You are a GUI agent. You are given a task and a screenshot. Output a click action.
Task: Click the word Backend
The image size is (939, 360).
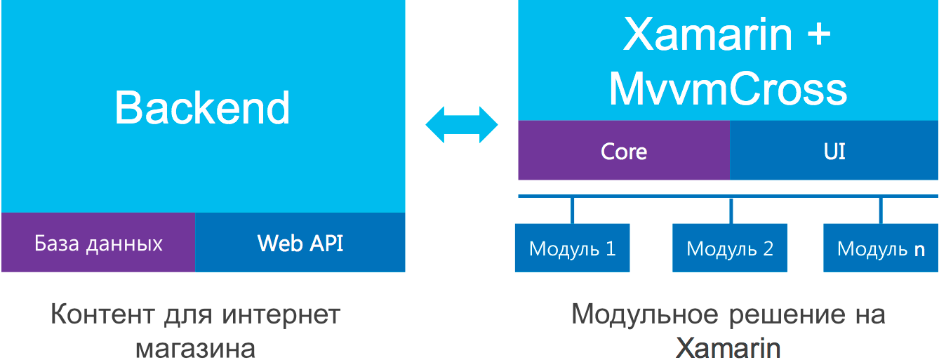[x=202, y=108]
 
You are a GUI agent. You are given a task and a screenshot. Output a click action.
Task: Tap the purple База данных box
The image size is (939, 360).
[x=98, y=243]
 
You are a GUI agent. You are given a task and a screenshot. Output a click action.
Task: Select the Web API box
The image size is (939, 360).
[x=300, y=243]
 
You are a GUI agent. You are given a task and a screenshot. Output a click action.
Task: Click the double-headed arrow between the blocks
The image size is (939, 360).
[x=462, y=126]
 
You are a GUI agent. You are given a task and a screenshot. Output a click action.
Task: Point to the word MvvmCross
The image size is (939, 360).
[x=728, y=89]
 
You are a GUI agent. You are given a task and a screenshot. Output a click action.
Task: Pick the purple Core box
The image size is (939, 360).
[x=624, y=151]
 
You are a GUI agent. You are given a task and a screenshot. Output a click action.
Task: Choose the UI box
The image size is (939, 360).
[x=834, y=151]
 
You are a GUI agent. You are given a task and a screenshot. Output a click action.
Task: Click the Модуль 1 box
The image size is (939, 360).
[x=572, y=248]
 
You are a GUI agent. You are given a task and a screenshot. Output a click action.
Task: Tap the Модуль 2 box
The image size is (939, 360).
[x=729, y=248]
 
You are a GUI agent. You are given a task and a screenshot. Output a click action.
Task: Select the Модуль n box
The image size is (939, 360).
[x=881, y=248]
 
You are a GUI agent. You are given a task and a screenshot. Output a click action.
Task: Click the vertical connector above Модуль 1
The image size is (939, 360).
[x=572, y=211]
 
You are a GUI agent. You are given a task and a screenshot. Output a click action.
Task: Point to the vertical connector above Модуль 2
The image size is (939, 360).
[x=731, y=211]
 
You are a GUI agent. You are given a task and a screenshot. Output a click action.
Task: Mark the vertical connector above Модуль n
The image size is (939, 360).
[x=881, y=211]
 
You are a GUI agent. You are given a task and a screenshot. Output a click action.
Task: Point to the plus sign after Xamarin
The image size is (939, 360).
[x=813, y=35]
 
